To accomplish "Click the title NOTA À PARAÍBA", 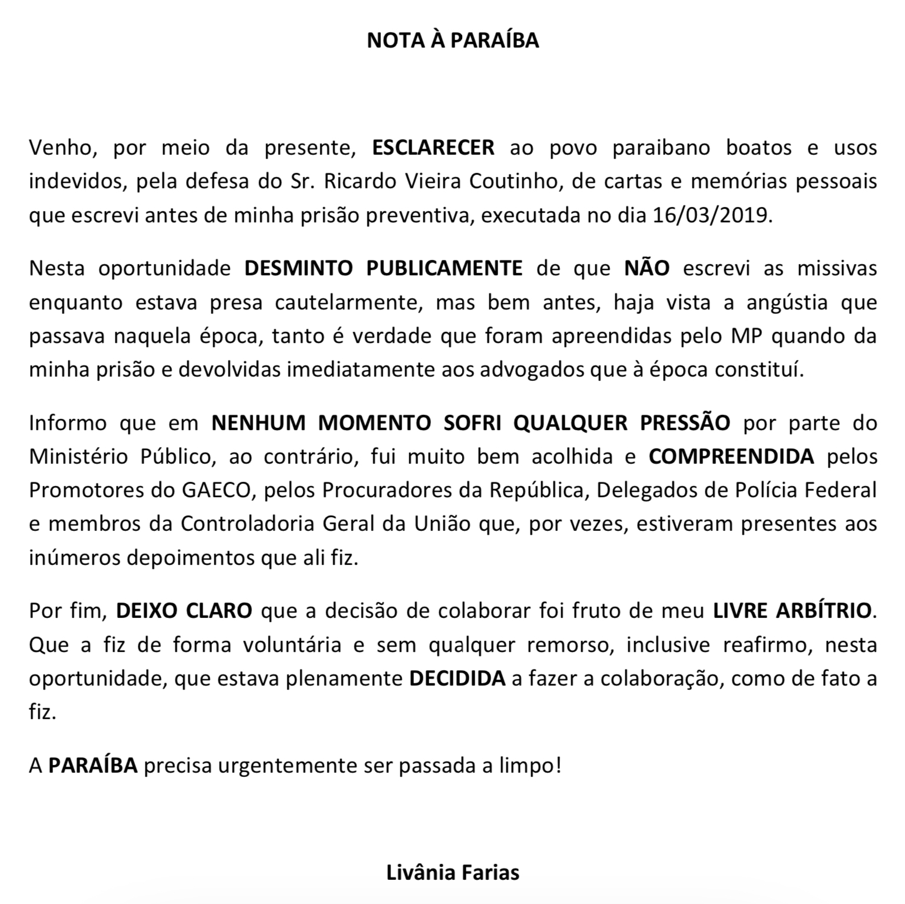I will coord(453,40).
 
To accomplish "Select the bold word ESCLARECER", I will coord(433,147).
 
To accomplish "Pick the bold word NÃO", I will coord(647,268).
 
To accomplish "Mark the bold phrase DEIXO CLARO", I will coord(184,611).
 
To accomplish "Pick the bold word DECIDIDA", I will coord(457,679).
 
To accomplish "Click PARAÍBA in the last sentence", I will coord(92,766).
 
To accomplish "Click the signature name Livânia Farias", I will coord(453,872).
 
